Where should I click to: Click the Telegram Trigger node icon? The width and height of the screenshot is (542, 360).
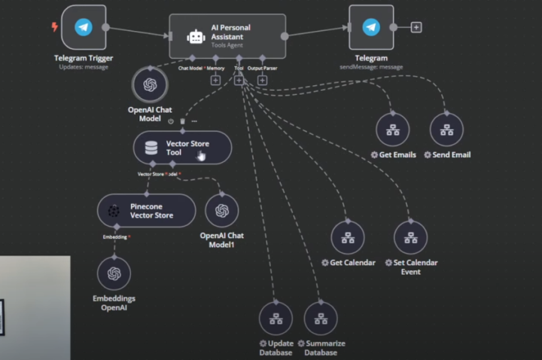click(x=83, y=28)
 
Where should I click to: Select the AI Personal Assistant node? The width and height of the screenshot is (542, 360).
click(x=227, y=35)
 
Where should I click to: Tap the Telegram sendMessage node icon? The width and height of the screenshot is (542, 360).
click(x=371, y=28)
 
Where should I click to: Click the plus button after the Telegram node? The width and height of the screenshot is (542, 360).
click(x=416, y=28)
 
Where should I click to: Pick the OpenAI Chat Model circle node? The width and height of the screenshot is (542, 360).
click(x=149, y=84)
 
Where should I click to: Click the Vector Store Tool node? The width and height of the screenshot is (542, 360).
click(x=182, y=147)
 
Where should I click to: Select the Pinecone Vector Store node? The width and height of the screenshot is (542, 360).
click(x=146, y=210)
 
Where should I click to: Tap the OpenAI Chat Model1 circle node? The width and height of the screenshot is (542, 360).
click(x=222, y=210)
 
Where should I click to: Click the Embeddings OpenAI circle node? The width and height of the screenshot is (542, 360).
click(x=114, y=273)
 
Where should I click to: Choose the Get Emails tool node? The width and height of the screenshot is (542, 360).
click(x=392, y=130)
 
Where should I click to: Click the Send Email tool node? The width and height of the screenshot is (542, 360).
click(x=446, y=130)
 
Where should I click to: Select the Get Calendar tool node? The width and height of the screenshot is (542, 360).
click(x=348, y=238)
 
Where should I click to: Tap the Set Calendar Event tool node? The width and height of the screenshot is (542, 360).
click(x=410, y=238)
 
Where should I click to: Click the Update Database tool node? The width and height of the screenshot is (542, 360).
click(x=276, y=319)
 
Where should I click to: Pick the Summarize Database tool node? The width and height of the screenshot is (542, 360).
click(x=321, y=319)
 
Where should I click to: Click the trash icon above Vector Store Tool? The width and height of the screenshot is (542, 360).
click(x=182, y=121)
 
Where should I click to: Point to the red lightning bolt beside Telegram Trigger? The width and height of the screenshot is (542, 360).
click(x=53, y=27)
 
